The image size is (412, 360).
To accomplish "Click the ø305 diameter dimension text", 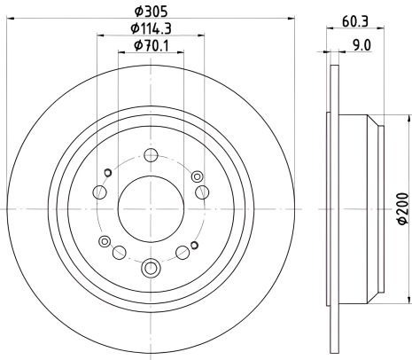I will coord(151,12).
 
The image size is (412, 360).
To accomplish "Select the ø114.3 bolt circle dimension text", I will coord(152,28).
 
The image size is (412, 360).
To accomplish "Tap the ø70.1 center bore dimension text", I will coord(152,45).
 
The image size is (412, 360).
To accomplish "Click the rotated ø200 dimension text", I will coord(401,207).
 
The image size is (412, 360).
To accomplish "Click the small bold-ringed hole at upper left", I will coord(107,172).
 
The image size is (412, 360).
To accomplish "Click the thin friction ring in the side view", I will coord(332,207).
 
